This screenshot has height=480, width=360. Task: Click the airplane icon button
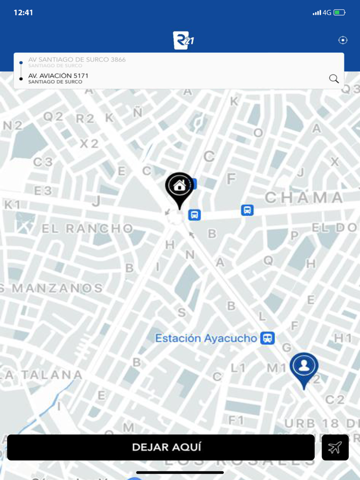point(335,447)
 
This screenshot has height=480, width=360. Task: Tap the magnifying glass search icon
point(334,79)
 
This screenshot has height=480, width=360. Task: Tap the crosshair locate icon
point(343,40)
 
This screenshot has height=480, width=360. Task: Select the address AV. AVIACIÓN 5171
point(58,76)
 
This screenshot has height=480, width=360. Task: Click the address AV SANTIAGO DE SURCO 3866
point(77,60)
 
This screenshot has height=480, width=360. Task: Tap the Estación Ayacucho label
point(206,338)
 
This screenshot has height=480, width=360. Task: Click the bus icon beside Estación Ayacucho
point(267,338)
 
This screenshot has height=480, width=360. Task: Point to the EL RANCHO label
point(87,229)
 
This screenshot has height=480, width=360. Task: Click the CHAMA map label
point(303,197)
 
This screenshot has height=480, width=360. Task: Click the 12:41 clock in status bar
point(23,12)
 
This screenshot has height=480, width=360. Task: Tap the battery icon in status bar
point(339,12)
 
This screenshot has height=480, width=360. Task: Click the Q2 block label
point(53,117)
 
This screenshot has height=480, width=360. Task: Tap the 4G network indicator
point(327,12)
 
